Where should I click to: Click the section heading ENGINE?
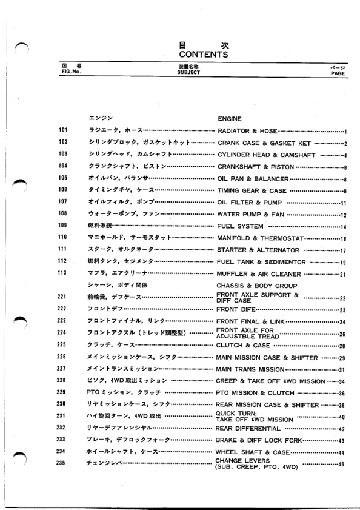pyautogui.click(x=229, y=119)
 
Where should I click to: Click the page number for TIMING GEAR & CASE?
pyautogui.click(x=343, y=190)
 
